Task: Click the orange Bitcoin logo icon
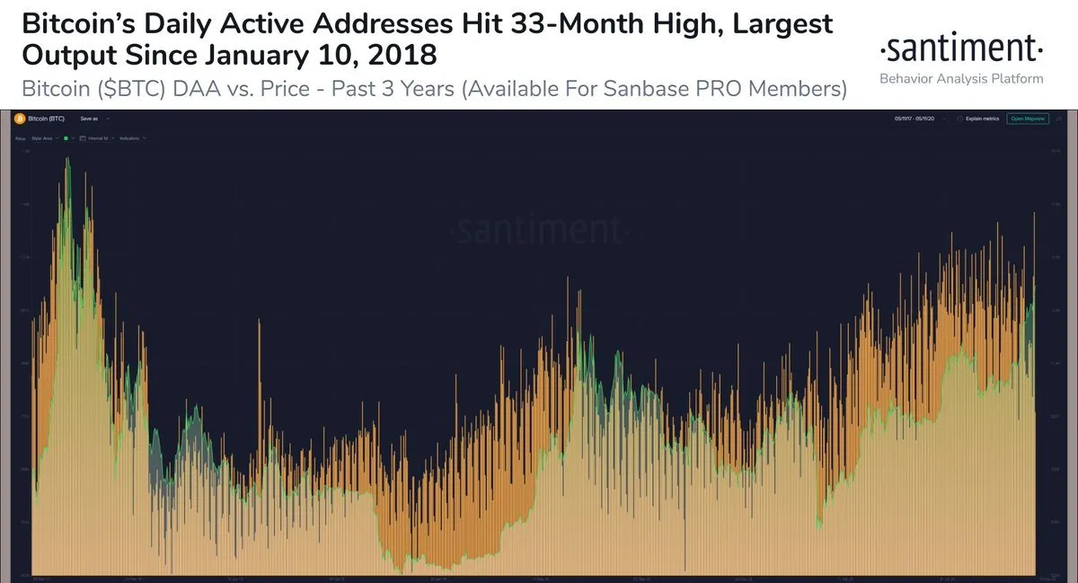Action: pyautogui.click(x=20, y=119)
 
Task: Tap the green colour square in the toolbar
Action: pyautogui.click(x=66, y=138)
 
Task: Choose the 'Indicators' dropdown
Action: pyautogui.click(x=131, y=138)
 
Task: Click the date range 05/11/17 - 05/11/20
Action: pyautogui.click(x=915, y=119)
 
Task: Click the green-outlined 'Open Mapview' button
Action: pyautogui.click(x=1028, y=119)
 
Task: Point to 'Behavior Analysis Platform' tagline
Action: pyautogui.click(x=961, y=79)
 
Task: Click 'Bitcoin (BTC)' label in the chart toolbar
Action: pyautogui.click(x=47, y=119)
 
